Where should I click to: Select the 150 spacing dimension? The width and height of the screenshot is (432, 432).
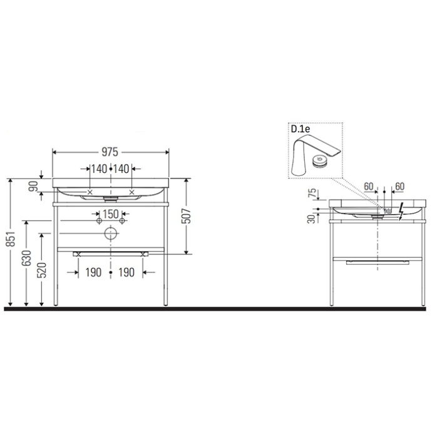[x=111, y=214]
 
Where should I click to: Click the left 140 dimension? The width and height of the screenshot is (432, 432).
[x=99, y=169]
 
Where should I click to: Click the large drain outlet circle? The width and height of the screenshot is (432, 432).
[x=111, y=235]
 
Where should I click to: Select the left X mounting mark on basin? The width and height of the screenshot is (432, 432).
[x=91, y=192]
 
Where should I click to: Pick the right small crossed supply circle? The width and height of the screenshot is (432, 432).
[x=123, y=222]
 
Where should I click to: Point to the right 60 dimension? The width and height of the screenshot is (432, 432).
[x=399, y=186]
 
